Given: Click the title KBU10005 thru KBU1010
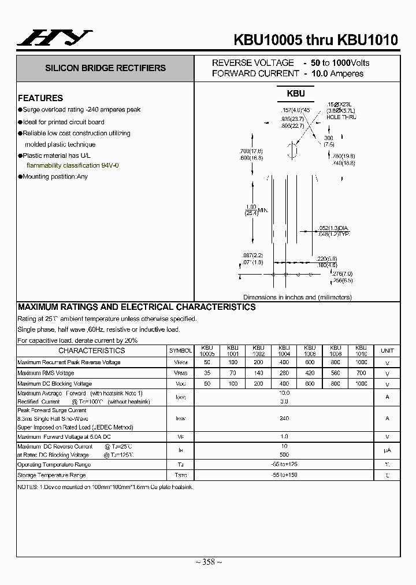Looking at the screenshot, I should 315,39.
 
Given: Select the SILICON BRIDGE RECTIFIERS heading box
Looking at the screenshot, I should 105,68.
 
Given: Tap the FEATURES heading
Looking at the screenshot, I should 40,98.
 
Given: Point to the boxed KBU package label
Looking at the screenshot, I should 295,93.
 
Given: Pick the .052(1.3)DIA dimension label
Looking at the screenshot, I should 335,227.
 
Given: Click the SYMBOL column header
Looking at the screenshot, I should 180,351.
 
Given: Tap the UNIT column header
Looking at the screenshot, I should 387,351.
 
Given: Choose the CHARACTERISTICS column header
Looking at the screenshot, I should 91,350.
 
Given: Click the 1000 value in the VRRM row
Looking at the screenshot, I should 361,362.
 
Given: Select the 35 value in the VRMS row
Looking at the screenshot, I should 207,373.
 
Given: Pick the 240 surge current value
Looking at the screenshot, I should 284,417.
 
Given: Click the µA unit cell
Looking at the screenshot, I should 387,451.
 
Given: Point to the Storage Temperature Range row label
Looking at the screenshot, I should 51,475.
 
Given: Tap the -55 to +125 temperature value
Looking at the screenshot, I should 284,464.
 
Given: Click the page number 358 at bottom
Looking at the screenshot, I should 207,562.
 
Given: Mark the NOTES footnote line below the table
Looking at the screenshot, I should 105,487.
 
